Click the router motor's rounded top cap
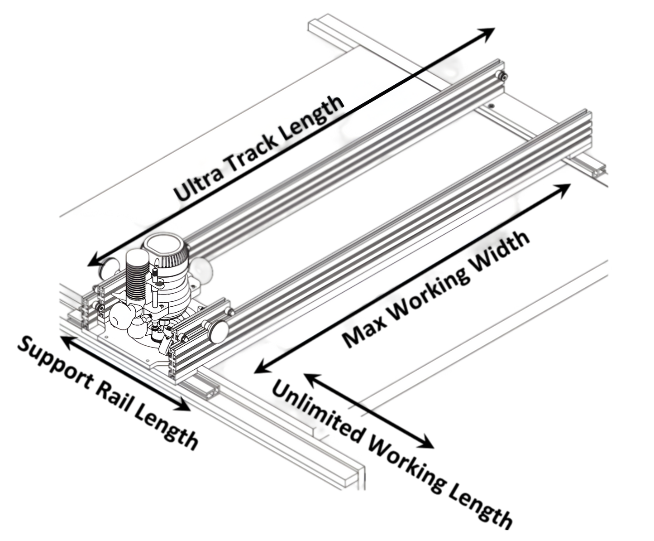(x=165, y=247)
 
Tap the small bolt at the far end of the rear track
(x=502, y=77)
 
